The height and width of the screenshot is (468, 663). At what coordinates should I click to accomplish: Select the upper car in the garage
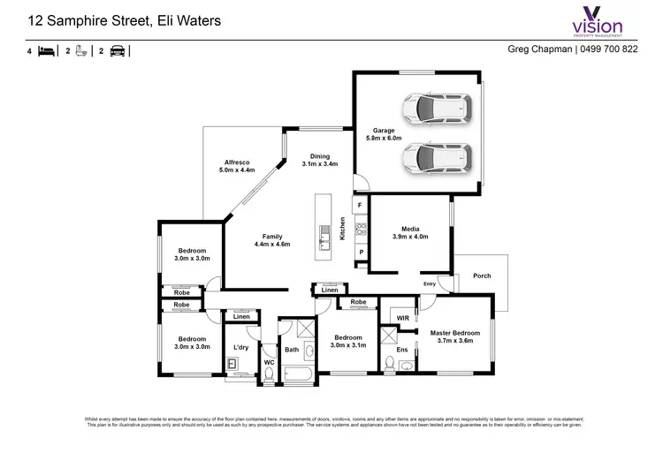[434, 109]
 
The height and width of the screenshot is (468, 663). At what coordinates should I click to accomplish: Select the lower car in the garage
[434, 158]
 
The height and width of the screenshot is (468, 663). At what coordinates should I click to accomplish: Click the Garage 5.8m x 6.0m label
[384, 134]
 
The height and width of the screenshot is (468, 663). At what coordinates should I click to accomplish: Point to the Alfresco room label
[237, 166]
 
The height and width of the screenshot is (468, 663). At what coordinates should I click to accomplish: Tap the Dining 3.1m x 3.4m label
[319, 160]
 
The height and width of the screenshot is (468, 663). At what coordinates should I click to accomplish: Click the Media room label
[409, 232]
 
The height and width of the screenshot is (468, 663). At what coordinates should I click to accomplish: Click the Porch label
[481, 276]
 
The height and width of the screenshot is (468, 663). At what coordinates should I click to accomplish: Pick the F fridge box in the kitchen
[360, 206]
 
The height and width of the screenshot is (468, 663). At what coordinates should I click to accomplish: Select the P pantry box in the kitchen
[360, 253]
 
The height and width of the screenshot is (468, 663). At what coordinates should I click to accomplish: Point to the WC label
[269, 362]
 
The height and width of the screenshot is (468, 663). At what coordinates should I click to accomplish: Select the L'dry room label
[240, 348]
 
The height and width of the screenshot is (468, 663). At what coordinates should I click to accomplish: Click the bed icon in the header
[47, 51]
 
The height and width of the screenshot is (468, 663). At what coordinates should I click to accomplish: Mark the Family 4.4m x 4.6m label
[271, 240]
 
